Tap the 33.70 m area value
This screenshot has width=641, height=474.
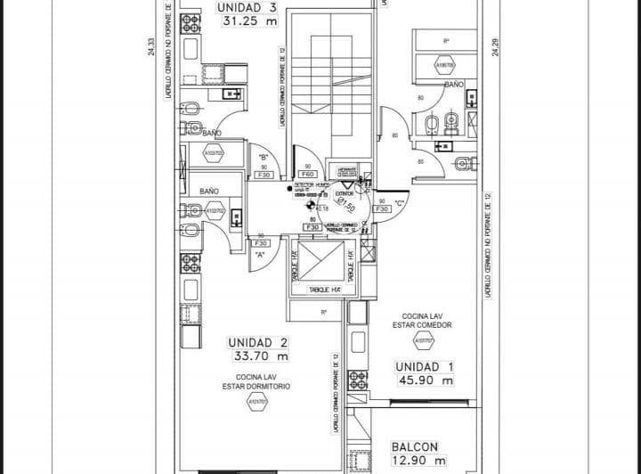tap(257, 356)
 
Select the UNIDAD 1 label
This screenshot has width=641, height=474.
tap(425, 366)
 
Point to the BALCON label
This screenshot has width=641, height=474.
tap(414, 446)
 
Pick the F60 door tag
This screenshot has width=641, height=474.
tap(308, 174)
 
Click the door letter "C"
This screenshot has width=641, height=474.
tap(401, 202)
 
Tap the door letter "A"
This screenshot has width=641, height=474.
tap(260, 255)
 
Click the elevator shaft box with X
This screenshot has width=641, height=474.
tap(316, 263)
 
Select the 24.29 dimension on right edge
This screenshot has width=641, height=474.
tap(495, 46)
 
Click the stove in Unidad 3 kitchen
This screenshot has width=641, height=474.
tap(191, 24)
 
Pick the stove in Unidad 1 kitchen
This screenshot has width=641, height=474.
tap(357, 379)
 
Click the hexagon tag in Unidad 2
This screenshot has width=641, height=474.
tap(256, 403)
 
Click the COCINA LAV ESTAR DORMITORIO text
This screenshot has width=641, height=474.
tap(256, 381)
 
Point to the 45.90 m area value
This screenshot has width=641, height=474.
tap(426, 381)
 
